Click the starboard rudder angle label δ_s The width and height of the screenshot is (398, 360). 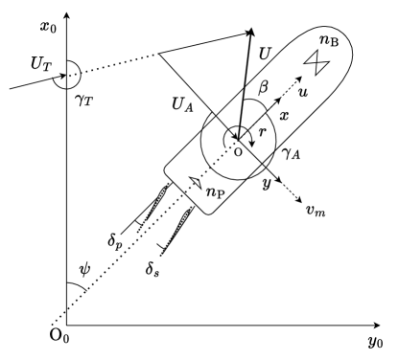click(152, 259)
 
